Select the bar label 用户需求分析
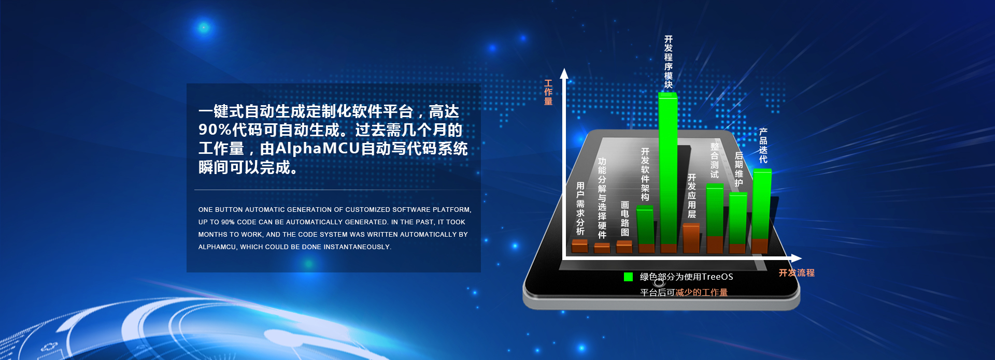(x=580, y=209)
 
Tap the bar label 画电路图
(x=625, y=219)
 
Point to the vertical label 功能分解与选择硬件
(x=602, y=198)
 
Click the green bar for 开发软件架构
(x=645, y=225)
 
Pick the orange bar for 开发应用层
(x=691, y=238)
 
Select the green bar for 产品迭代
(x=762, y=204)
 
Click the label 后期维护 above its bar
(x=739, y=169)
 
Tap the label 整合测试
(x=715, y=161)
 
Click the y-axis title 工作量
(x=548, y=92)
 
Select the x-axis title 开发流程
(x=797, y=273)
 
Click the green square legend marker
(x=628, y=277)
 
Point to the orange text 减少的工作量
(x=701, y=293)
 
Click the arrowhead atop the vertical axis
(x=564, y=74)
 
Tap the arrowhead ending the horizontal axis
(x=797, y=258)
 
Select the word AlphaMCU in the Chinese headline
(x=317, y=149)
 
